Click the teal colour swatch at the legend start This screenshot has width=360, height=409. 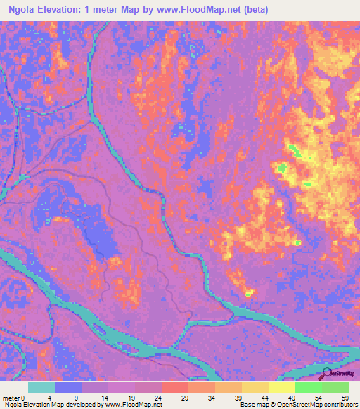[41, 387]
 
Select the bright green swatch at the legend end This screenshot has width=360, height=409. [335, 387]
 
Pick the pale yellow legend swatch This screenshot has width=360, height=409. [282, 387]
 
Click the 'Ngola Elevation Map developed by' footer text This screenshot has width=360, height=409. [53, 405]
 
